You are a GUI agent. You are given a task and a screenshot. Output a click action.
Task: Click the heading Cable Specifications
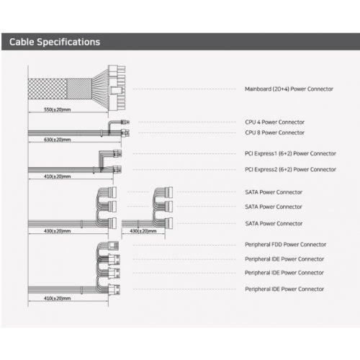point(55,42)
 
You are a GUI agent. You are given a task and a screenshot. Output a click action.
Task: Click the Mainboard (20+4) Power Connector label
point(289,89)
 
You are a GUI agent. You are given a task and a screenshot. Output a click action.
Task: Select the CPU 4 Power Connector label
point(275,122)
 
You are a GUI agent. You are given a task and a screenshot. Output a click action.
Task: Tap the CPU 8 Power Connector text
point(275,132)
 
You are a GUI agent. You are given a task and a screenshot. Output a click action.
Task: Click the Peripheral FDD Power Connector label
point(286,245)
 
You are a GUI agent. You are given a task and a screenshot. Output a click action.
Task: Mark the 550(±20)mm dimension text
point(58,109)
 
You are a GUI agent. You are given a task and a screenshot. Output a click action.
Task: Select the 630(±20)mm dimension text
point(58,140)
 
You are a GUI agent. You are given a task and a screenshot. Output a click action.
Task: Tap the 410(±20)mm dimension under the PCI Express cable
point(58,176)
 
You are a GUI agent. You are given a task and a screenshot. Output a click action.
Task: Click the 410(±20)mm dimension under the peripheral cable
point(58,298)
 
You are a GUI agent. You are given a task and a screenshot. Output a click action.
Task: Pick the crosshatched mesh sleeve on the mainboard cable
point(48,89)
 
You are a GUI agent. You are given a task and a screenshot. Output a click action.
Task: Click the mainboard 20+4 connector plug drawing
point(117,88)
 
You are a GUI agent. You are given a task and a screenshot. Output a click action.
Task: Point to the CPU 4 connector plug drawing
point(125,122)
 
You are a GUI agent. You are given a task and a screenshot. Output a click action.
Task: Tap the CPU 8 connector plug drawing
point(125,132)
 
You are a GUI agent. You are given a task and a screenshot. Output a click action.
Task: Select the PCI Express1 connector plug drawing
point(117,153)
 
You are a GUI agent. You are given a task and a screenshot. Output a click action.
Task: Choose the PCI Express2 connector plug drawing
point(117,170)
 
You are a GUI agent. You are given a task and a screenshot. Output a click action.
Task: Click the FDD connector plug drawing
point(114,246)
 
